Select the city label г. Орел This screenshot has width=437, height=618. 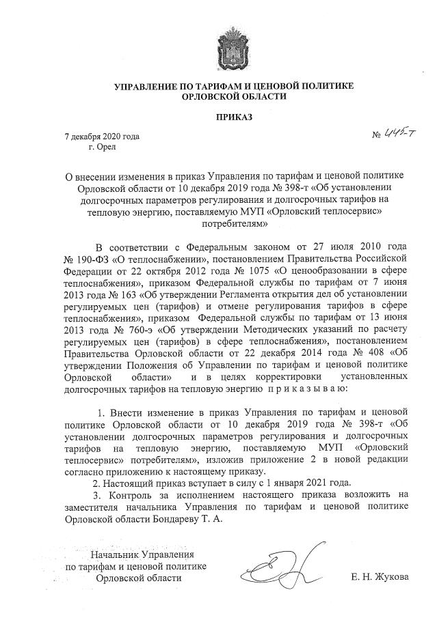click(103, 146)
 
